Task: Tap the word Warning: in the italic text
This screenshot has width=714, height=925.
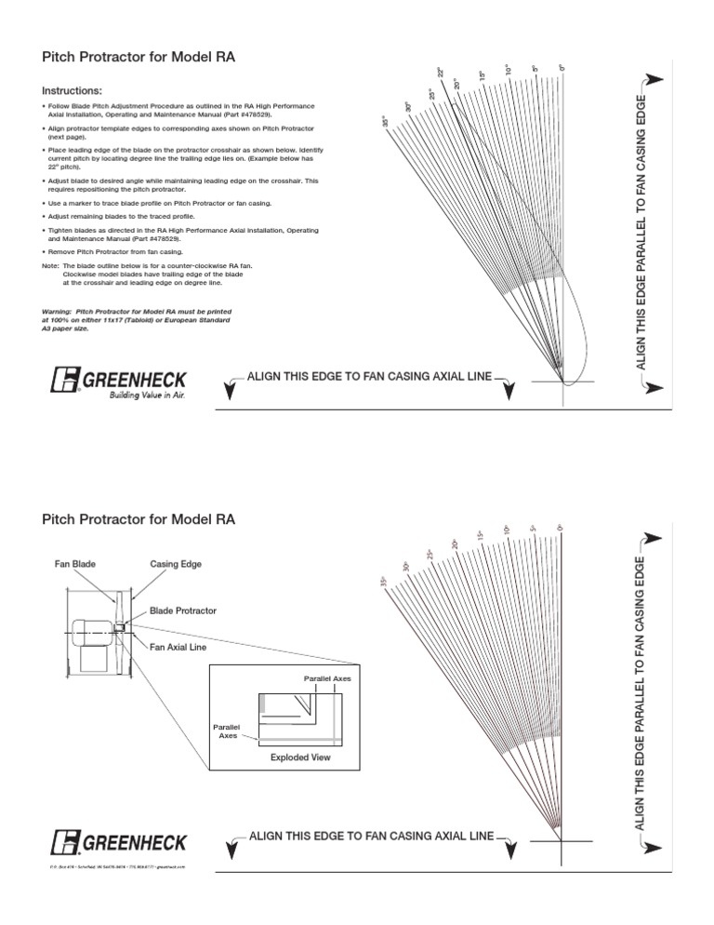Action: pyautogui.click(x=62, y=311)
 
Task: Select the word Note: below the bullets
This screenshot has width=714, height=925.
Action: pyautogui.click(x=51, y=266)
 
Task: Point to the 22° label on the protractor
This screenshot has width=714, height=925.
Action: pyautogui.click(x=441, y=73)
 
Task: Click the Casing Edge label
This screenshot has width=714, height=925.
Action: pyautogui.click(x=176, y=564)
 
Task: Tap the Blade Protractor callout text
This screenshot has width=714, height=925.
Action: pyautogui.click(x=183, y=610)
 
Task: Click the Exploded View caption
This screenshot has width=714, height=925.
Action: pyautogui.click(x=300, y=757)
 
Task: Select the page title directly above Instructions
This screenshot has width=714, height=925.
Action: pyautogui.click(x=139, y=58)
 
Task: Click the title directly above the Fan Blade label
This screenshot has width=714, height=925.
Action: pyautogui.click(x=139, y=519)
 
